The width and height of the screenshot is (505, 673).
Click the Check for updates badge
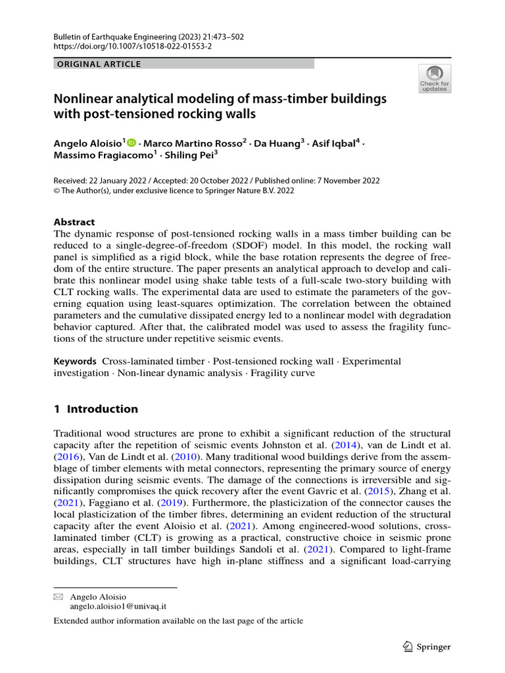coord(435,79)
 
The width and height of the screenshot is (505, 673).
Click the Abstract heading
coord(74,222)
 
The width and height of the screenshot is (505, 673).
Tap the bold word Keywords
coord(75,361)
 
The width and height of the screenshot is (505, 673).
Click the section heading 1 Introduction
coord(95,409)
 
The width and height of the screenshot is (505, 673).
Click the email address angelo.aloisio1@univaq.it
coord(118,607)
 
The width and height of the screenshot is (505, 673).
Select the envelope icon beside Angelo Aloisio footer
coord(58,597)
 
